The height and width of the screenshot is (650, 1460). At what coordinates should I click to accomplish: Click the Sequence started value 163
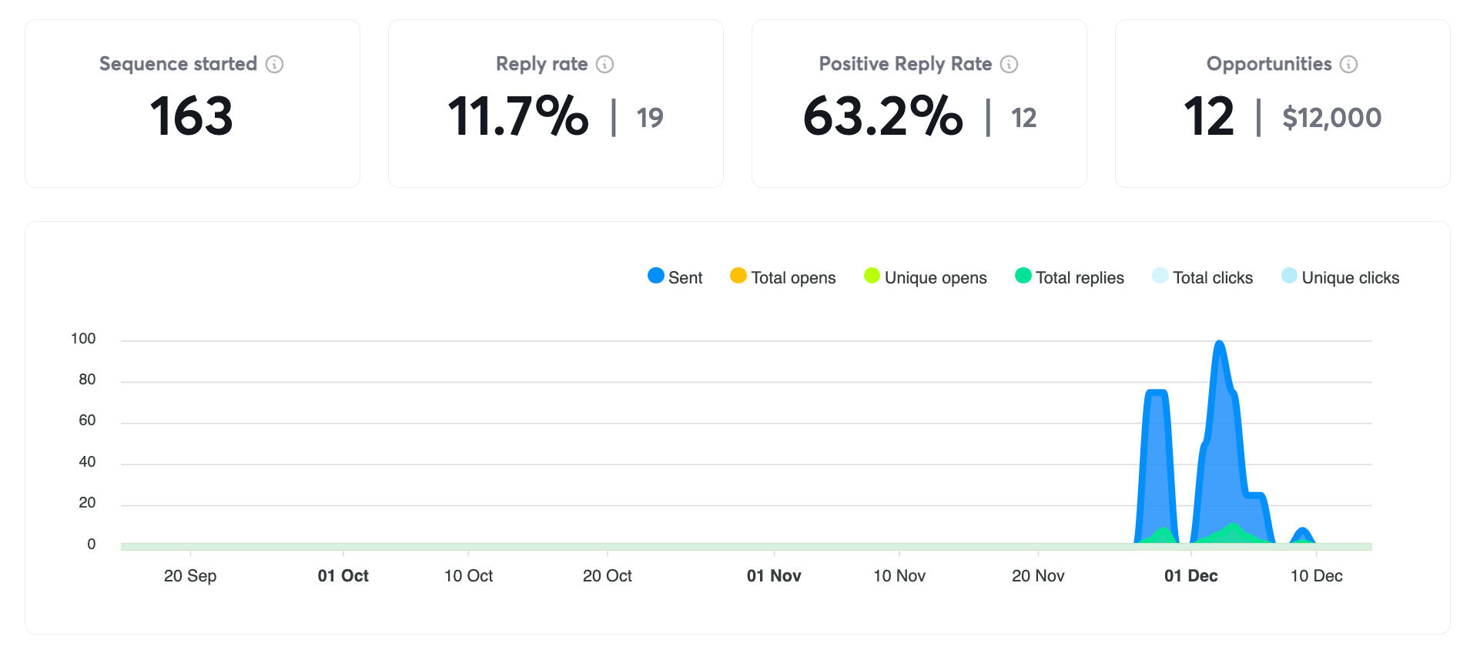tap(191, 116)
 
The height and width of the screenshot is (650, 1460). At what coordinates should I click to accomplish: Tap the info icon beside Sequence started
tap(274, 64)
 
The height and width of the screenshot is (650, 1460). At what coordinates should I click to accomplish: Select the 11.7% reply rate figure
tap(517, 116)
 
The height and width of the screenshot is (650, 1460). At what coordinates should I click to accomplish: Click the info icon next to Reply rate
tap(605, 64)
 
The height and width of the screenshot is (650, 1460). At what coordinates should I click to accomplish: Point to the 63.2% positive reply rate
tap(882, 116)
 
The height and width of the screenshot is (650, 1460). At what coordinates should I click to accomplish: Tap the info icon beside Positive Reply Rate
tap(1009, 64)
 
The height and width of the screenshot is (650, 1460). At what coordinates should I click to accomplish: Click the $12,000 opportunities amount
tap(1331, 118)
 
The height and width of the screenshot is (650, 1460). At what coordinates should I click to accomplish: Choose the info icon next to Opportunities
tap(1348, 64)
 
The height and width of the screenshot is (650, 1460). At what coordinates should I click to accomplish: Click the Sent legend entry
tap(675, 277)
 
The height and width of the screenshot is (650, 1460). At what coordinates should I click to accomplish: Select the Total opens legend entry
tap(782, 277)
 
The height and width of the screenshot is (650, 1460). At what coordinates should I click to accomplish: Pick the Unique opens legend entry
tap(925, 277)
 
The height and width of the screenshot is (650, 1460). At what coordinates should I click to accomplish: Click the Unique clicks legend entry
tap(1340, 277)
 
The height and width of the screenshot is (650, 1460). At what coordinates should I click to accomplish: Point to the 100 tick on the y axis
tap(83, 339)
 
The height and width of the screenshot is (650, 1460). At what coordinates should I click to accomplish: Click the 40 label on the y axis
tap(87, 462)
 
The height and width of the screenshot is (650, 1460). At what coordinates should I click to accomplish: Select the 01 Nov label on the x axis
tap(774, 576)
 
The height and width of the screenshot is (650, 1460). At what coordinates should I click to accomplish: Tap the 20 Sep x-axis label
tap(190, 576)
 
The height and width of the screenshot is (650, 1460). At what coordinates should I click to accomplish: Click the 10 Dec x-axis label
tap(1316, 576)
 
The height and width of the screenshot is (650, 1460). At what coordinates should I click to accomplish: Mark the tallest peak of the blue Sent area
tap(1219, 343)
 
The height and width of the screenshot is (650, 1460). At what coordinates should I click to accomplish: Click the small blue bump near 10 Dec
tap(1302, 532)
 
